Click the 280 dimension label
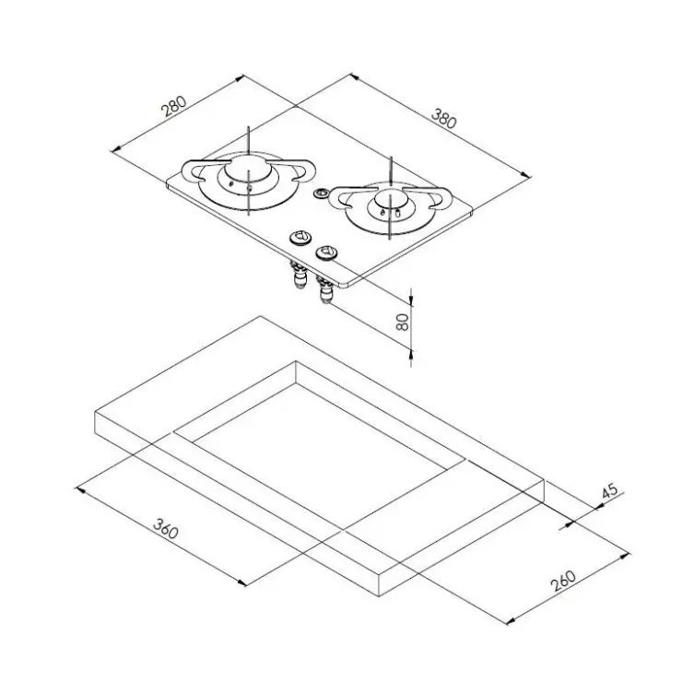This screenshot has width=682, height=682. [174, 107]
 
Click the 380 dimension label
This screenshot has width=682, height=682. [444, 118]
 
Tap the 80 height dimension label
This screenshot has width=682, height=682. [403, 322]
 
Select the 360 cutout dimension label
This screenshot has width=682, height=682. [166, 528]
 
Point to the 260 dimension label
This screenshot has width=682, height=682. [563, 581]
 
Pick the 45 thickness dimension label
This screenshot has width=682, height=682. [610, 491]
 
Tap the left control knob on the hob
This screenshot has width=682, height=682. [300, 238]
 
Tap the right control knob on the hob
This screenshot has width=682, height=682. [326, 253]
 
